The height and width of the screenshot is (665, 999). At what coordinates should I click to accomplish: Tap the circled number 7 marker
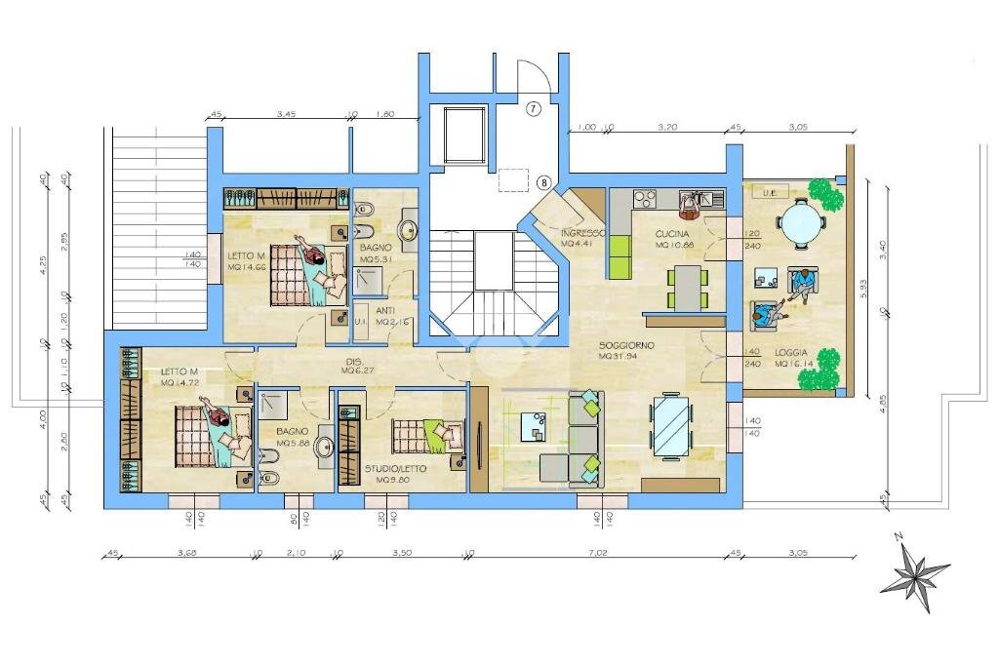click(x=533, y=108)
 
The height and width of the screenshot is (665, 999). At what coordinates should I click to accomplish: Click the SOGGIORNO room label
click(x=626, y=345)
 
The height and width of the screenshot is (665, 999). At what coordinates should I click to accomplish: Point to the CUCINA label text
click(x=673, y=234)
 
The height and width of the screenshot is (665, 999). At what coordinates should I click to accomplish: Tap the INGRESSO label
click(x=583, y=234)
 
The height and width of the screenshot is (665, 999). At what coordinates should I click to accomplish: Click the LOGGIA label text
click(x=791, y=352)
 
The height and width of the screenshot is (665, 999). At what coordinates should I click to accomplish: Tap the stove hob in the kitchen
click(x=645, y=199)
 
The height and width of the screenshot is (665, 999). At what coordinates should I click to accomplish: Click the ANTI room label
click(x=385, y=310)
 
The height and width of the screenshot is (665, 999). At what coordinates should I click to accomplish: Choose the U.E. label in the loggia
click(x=768, y=192)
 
